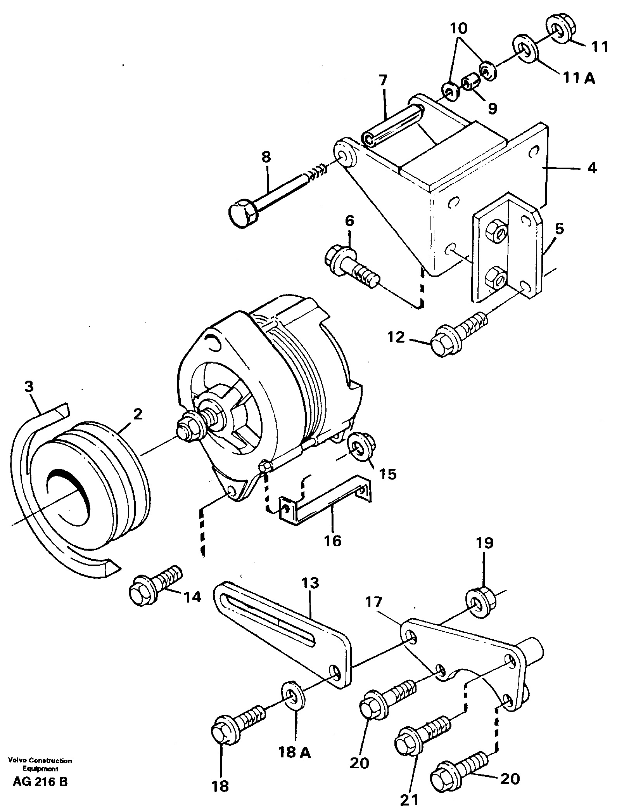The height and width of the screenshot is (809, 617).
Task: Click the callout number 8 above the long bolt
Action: click(266, 158)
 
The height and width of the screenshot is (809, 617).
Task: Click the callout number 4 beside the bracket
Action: click(591, 169)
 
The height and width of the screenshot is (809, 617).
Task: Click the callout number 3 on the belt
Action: click(29, 387)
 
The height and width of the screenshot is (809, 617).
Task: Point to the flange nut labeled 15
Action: click(361, 449)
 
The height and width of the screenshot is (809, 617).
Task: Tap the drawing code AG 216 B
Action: click(40, 781)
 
